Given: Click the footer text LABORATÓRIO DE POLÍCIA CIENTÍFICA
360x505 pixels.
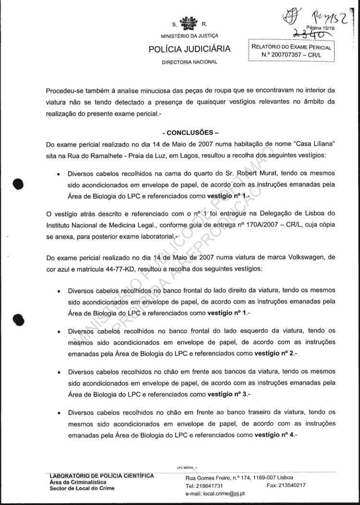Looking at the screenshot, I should (x=102, y=476).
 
